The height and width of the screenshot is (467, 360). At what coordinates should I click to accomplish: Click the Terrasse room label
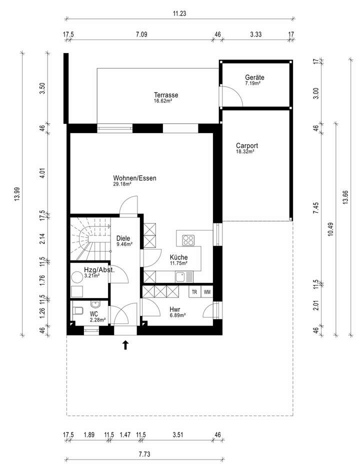[166, 95]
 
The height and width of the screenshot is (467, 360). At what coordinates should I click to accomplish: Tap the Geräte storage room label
[254, 77]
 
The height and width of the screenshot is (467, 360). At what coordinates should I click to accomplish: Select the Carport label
[246, 146]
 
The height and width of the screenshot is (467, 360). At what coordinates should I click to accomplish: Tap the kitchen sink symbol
[187, 276]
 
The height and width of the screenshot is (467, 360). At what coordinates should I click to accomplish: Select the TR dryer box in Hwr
[194, 291]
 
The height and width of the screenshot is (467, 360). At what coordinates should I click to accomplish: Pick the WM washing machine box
[207, 291]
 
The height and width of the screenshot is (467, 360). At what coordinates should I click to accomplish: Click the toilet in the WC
[76, 310]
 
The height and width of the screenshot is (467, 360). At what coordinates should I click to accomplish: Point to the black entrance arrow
[125, 344]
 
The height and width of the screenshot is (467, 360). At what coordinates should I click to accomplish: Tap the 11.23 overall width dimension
[179, 14]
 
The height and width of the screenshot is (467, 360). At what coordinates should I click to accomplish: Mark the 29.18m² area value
[122, 184]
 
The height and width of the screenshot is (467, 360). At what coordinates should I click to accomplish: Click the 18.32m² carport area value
[245, 151]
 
